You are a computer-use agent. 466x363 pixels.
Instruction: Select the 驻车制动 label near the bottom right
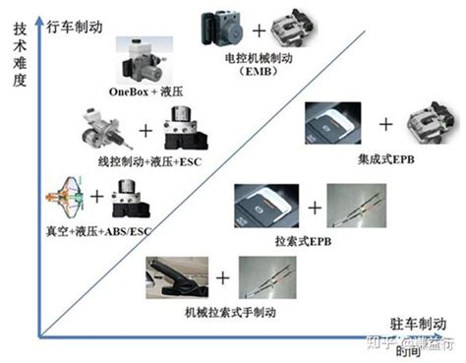click(420, 322)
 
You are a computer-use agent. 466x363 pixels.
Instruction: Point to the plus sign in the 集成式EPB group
click(385, 124)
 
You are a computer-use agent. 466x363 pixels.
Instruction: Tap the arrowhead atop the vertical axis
click(36, 9)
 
